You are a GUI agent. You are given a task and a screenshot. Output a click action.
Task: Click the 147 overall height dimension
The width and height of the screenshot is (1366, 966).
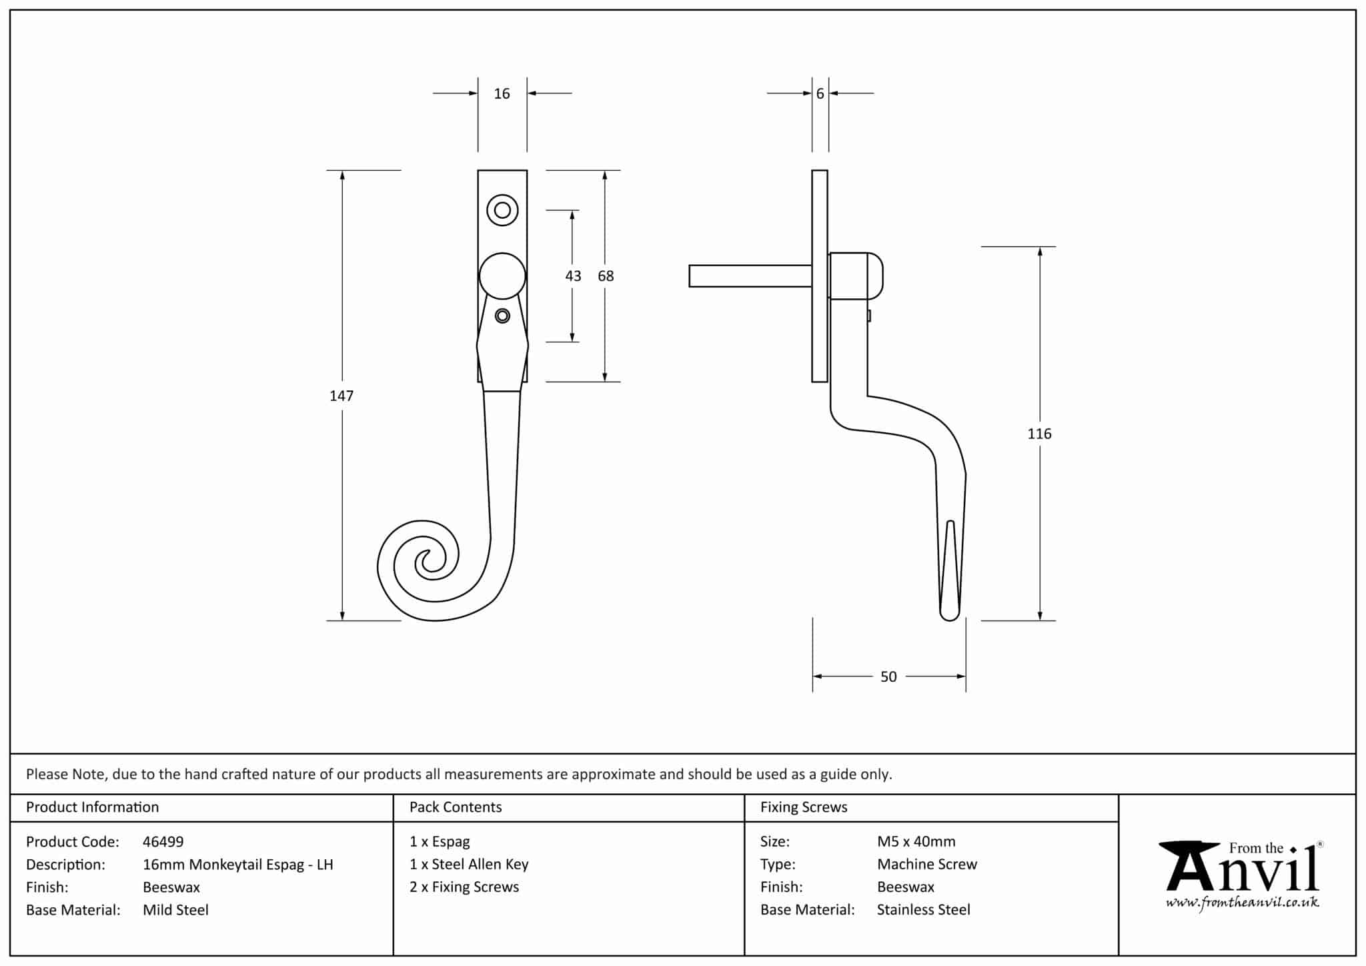341,396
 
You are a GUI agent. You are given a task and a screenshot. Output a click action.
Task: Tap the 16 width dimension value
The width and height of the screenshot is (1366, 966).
502,94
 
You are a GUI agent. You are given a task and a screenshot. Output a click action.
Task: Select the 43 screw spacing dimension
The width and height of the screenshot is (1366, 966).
573,276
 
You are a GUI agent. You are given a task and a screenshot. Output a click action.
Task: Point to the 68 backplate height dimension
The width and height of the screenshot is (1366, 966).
606,276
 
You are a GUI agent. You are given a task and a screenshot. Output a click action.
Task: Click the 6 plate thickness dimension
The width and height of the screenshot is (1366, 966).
820,94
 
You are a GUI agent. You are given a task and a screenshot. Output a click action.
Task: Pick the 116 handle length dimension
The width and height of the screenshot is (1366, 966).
1039,434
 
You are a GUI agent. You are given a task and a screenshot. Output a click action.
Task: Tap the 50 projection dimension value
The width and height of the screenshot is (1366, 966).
888,677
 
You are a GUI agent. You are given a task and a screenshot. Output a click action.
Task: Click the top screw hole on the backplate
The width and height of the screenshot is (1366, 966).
502,211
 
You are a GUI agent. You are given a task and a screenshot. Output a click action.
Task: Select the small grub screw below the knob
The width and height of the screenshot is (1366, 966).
502,316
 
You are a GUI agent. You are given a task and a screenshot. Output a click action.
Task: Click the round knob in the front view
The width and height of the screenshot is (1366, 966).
502,276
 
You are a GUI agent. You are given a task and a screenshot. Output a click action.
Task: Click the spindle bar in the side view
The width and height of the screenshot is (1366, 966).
750,276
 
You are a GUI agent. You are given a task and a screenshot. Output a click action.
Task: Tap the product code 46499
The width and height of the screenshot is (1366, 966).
163,842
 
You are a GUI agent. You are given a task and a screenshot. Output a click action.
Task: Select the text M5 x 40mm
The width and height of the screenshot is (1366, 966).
916,842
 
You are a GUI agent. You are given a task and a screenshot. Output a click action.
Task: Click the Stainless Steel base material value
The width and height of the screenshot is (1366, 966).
923,910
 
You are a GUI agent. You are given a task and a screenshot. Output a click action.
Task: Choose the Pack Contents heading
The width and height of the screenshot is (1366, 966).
456,807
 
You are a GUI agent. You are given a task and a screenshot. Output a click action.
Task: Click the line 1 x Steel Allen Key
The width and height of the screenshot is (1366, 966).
469,865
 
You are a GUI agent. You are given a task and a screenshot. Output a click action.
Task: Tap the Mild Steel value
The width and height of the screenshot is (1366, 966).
175,910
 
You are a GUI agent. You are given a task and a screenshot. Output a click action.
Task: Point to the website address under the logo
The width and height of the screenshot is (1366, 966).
1242,903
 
